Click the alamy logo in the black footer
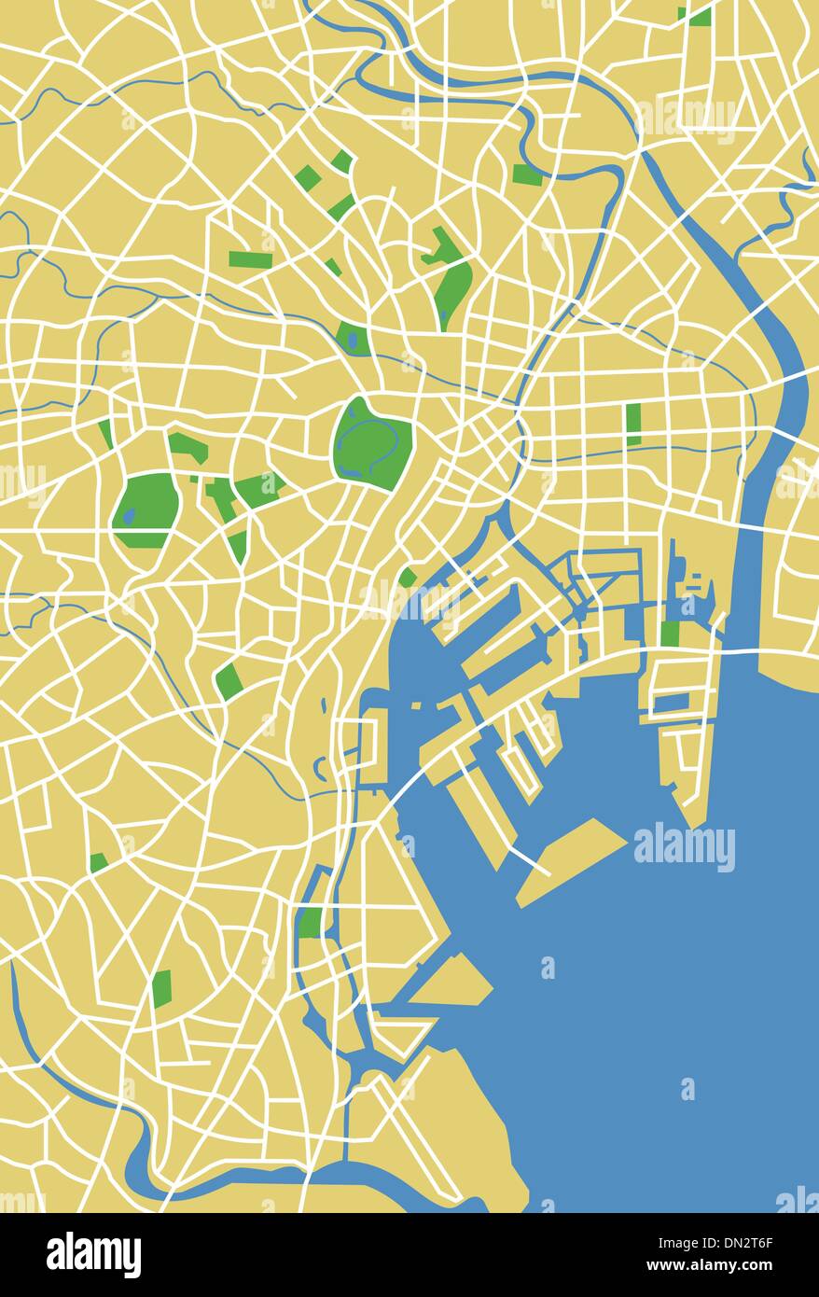[x=93, y=1254]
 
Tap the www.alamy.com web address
[x=737, y=1266]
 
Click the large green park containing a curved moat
[x=372, y=443]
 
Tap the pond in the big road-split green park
[x=129, y=514]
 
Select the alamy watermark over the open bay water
[x=684, y=847]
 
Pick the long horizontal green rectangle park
[x=251, y=258]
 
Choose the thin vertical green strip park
[x=633, y=424]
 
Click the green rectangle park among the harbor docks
[x=670, y=633]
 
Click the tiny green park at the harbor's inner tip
[x=407, y=578]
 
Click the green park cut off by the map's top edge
[x=698, y=16]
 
